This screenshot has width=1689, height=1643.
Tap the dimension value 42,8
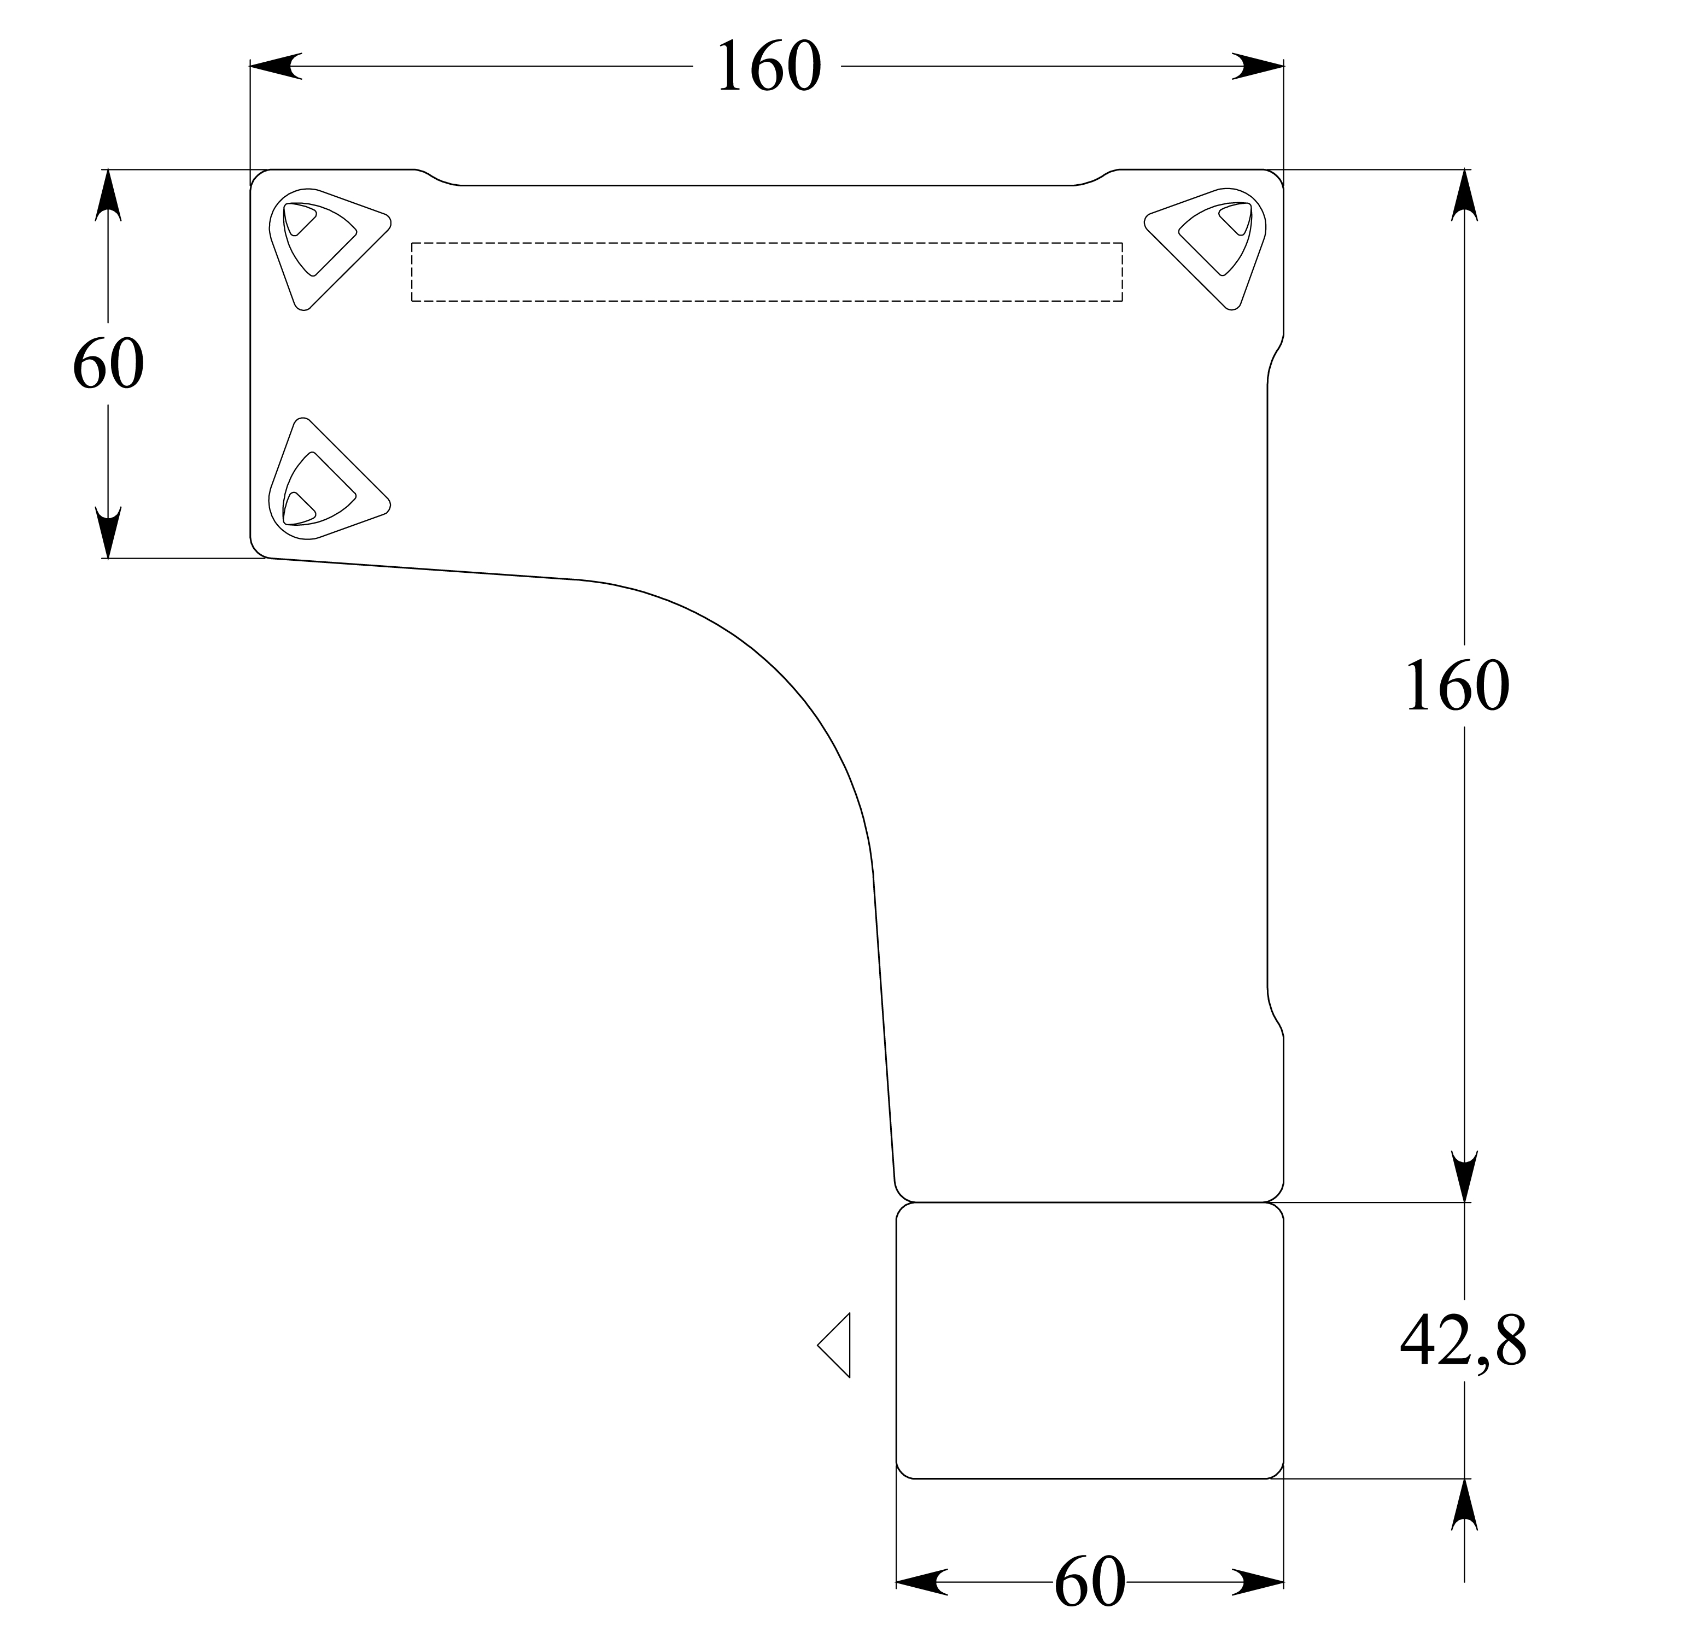(1462, 1365)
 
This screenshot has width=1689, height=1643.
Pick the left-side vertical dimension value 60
(108, 363)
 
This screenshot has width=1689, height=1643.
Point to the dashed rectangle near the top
(767, 272)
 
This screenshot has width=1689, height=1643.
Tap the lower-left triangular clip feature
(324, 483)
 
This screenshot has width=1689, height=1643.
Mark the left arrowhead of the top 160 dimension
(274, 67)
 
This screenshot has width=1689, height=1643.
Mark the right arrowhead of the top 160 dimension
(1258, 67)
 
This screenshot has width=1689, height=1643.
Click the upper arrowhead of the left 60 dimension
(108, 194)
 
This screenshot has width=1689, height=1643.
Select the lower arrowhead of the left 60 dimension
(108, 532)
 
